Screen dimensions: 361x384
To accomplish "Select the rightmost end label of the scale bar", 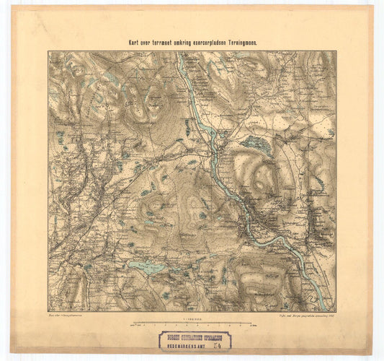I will pyautogui.click(x=252, y=326).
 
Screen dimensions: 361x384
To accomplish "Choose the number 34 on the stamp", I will pyautogui.click(x=223, y=345).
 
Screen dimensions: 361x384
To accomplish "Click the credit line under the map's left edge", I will pyautogui.click(x=66, y=316).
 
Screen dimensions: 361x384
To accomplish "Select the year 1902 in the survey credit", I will pyautogui.click(x=331, y=316).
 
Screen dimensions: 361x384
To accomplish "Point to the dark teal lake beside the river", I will pyautogui.click(x=256, y=144).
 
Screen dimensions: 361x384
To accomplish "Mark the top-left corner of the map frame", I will pyautogui.click(x=48, y=51).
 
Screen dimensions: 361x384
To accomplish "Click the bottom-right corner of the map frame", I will pyautogui.click(x=336, y=312).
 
